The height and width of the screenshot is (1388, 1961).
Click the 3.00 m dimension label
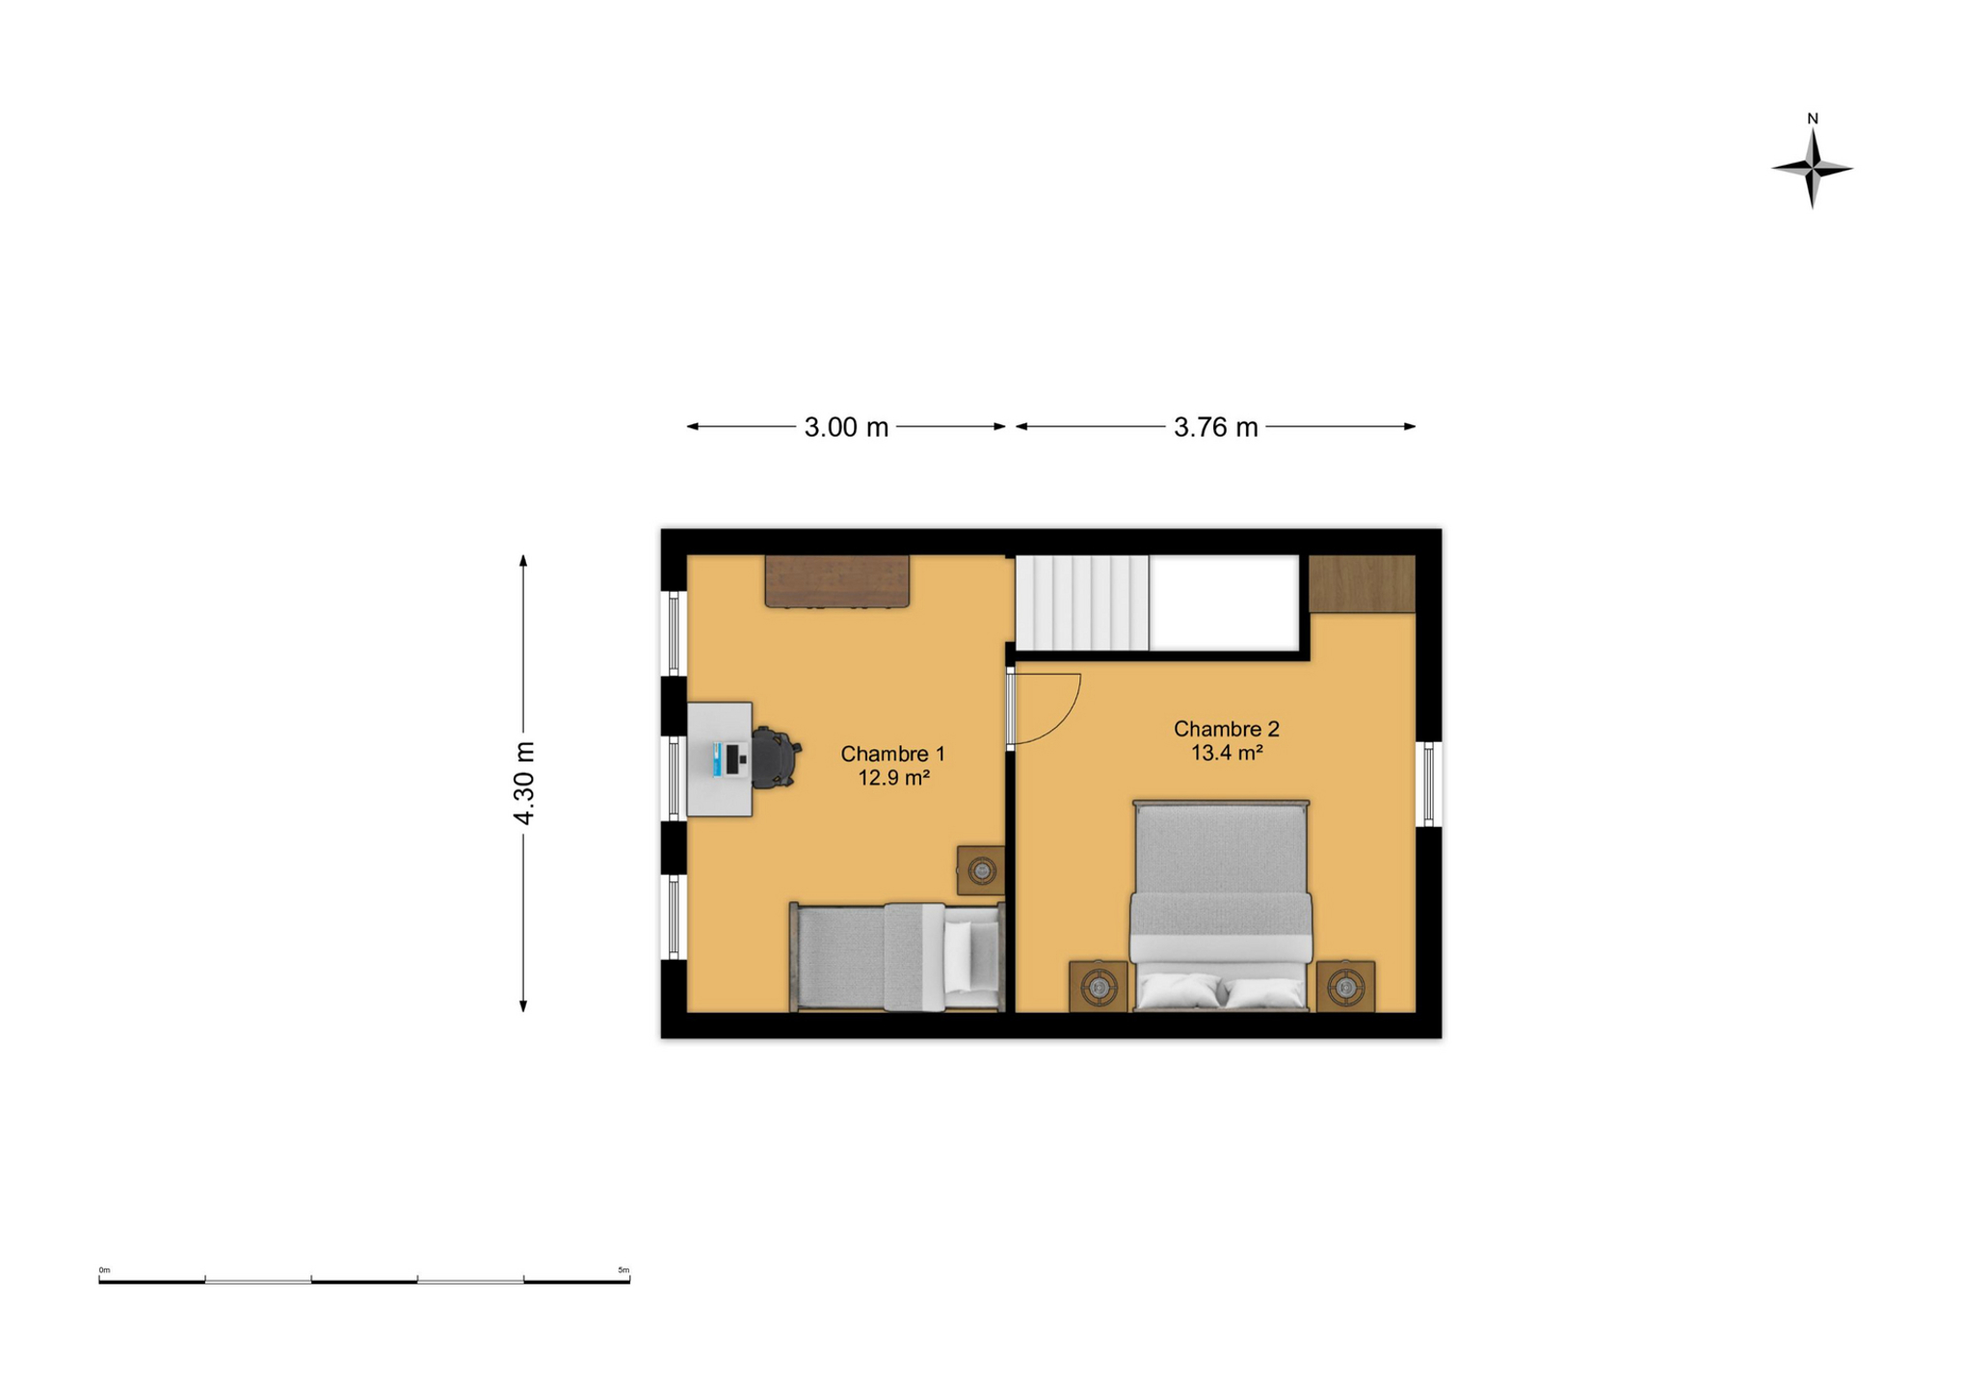(846, 427)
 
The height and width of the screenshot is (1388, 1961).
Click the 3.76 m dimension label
(1215, 427)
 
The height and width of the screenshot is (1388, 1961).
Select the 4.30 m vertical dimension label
(523, 783)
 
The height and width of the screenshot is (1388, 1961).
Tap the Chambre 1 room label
(892, 754)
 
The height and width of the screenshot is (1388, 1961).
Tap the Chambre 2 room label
(1226, 729)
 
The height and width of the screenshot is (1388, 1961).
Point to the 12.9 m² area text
(893, 777)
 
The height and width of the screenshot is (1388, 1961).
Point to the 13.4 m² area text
(1227, 753)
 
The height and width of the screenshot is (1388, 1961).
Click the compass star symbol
(1812, 169)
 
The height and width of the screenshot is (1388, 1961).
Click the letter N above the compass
(1812, 119)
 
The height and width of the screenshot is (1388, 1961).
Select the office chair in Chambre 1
(775, 758)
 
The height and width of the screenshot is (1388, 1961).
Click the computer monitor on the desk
(736, 759)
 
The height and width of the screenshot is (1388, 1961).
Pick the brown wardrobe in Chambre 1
(837, 581)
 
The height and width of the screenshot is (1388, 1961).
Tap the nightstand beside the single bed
(981, 870)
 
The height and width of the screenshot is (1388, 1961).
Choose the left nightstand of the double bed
(1098, 986)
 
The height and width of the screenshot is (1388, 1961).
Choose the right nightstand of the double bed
(1345, 986)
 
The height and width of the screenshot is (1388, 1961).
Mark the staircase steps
(1082, 602)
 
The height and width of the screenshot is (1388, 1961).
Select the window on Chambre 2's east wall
(1428, 784)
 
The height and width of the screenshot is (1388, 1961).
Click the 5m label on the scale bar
(623, 1269)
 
